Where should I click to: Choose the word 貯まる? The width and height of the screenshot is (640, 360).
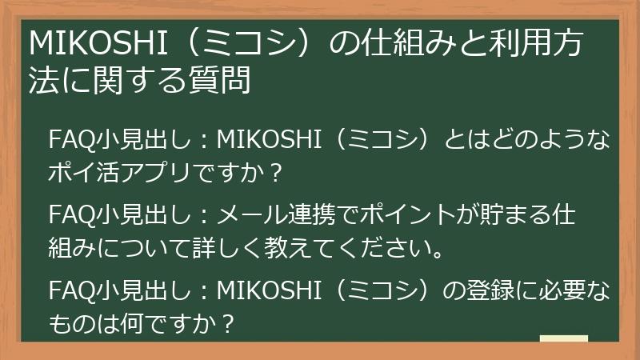(x=515, y=217)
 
